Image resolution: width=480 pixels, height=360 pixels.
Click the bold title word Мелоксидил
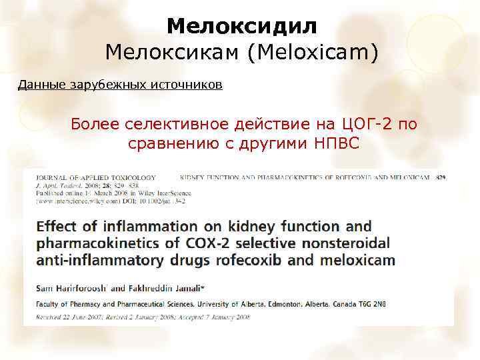pos(241,26)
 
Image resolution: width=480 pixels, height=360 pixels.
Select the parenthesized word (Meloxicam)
pos(313,52)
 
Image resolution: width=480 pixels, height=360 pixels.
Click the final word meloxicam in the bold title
pos(358,260)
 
